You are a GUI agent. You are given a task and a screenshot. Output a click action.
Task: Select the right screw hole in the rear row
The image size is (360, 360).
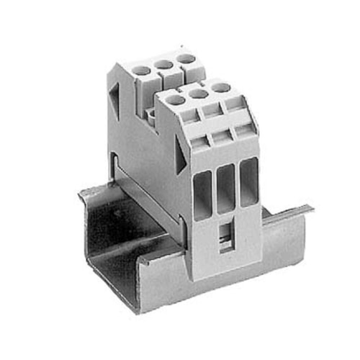click(185, 58)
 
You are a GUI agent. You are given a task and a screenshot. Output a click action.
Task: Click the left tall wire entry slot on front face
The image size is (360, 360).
click(202, 194)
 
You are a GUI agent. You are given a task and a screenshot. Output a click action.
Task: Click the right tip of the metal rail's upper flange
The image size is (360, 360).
click(311, 208)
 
